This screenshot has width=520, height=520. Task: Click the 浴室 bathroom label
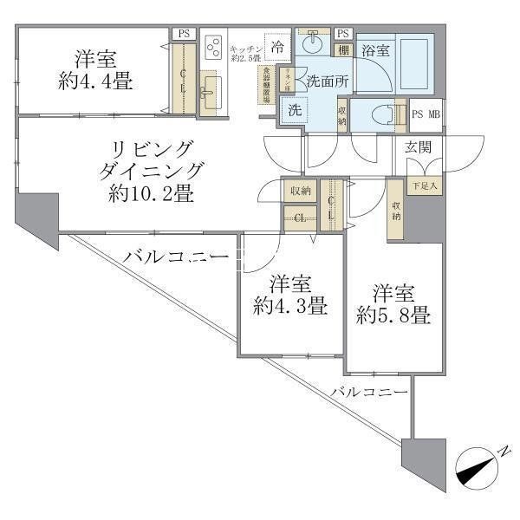(x=375, y=50)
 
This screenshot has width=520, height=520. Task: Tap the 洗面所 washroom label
(x=325, y=81)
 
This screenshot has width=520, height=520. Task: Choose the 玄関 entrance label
(x=419, y=147)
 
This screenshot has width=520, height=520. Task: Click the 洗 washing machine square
(x=293, y=110)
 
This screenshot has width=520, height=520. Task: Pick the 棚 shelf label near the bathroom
(x=344, y=50)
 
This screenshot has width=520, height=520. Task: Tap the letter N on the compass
(x=504, y=451)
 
